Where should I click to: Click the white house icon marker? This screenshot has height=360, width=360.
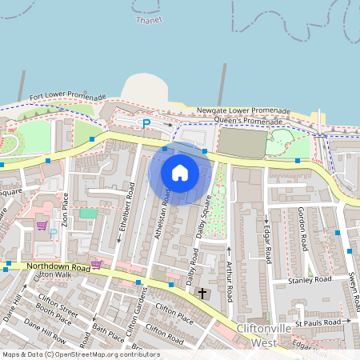click(x=180, y=173)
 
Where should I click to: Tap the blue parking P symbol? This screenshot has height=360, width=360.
click(x=146, y=123)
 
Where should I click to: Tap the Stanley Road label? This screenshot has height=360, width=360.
click(x=311, y=280)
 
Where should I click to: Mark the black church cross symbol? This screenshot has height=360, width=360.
click(x=202, y=294)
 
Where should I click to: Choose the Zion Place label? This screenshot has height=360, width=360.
click(x=66, y=207)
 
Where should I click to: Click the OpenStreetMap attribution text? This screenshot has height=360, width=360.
click(x=81, y=354)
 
